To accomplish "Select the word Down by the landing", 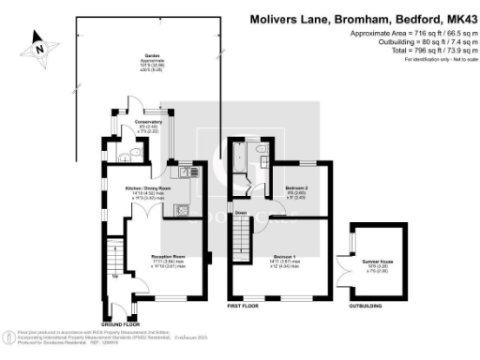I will pyautogui.click(x=241, y=213).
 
